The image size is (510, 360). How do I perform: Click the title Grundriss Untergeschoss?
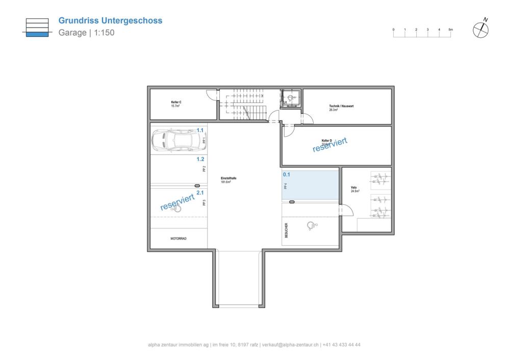coord(110,21)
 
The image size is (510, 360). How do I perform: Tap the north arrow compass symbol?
coord(480,30)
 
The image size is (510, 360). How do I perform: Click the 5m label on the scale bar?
coord(451,30)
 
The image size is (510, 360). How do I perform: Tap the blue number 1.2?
coord(200,159)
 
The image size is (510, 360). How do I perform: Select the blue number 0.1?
coord(286,174)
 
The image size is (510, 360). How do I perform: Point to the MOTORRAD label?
coord(178,238)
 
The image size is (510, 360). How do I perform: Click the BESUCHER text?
coord(287,230)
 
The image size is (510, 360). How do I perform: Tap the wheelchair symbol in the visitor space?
coord(311,226)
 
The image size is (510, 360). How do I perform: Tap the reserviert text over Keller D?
coord(330,144)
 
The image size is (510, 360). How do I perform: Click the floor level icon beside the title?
coord(37,28)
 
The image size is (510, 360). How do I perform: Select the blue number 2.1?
coord(200,193)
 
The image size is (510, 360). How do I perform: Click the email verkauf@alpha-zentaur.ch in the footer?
coord(290,345)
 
